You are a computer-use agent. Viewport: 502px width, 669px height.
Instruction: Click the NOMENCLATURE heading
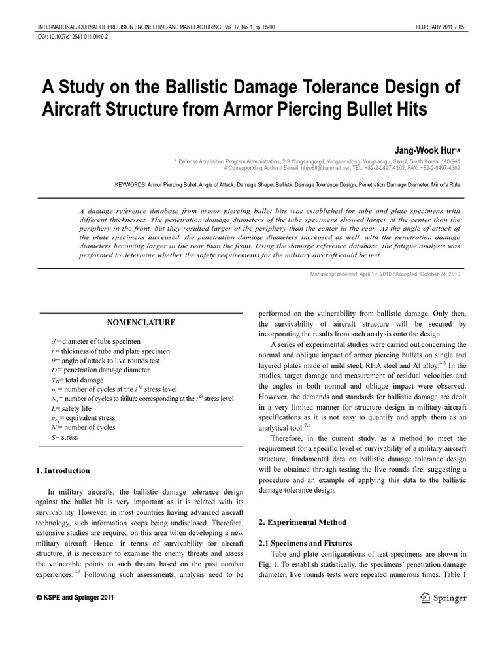(141, 323)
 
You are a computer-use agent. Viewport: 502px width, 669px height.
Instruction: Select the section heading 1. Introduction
(63, 470)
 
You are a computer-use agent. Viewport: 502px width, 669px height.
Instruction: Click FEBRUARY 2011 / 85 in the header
(438, 27)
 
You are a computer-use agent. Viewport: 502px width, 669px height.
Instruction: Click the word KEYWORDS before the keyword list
(133, 185)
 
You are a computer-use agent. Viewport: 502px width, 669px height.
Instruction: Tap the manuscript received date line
(385, 274)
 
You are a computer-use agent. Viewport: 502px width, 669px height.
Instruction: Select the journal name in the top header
(128, 27)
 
